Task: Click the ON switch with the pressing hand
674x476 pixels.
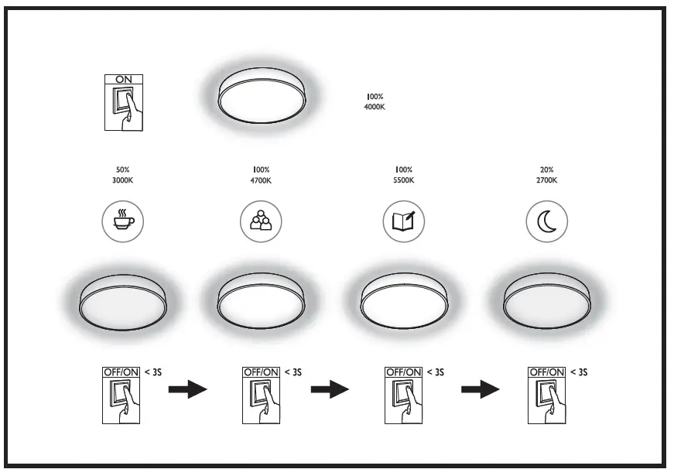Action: (123, 102)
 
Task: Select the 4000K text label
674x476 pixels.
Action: (374, 107)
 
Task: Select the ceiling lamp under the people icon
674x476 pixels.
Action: (262, 298)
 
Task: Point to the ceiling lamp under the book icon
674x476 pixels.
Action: (404, 298)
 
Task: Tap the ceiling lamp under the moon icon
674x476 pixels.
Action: (546, 298)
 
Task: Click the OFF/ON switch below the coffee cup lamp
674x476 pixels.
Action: (122, 395)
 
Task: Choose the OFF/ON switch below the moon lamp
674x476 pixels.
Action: (547, 395)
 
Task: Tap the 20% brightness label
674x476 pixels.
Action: (546, 170)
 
